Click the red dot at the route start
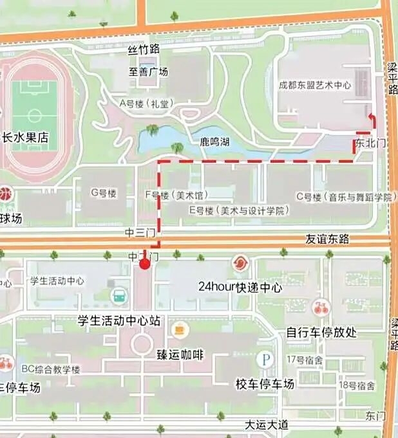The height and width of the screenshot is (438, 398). tap(145, 264)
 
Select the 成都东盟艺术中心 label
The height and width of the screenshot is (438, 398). tap(315, 85)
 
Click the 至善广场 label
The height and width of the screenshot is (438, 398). tap(148, 72)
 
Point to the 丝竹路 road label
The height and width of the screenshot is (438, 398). tap(144, 50)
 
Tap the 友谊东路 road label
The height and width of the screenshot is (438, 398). tap(327, 239)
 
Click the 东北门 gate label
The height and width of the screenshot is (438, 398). tap(370, 143)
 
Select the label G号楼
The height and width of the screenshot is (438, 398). tap(103, 193)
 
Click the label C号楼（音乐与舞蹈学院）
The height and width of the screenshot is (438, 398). tap(344, 197)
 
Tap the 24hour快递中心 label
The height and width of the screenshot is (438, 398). tap(240, 287)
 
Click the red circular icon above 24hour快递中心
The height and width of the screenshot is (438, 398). tap(240, 264)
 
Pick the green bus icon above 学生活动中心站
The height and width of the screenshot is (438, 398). tap(119, 296)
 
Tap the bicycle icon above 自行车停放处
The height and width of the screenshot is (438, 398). tap(320, 307)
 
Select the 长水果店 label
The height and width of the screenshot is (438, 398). tap(26, 138)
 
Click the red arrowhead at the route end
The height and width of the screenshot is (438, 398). tap(372, 117)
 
